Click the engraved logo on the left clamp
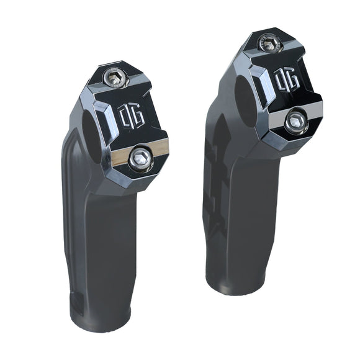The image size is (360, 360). tap(131, 116)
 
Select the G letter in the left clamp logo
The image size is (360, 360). tap(137, 117)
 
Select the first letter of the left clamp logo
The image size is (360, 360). tap(124, 114)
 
